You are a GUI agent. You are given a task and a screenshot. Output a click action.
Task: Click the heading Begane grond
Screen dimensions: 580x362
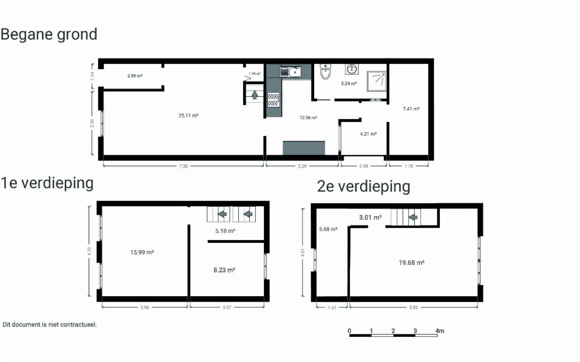tap(49, 34)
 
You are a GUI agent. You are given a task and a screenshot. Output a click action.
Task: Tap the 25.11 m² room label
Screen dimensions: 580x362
tap(188, 116)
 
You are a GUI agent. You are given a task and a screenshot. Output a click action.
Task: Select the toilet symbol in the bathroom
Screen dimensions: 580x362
tap(325, 72)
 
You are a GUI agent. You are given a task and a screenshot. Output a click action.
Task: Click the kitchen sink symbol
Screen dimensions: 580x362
tap(291, 72)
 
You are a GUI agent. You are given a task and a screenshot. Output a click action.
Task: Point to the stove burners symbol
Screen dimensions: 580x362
tap(274, 100)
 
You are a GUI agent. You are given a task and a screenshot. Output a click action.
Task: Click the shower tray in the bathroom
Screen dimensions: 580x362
tap(377, 81)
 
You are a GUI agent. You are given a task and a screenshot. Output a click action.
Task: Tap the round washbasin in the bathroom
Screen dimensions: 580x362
tap(352, 69)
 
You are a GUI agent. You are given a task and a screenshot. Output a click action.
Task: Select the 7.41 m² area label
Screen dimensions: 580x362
tap(411, 109)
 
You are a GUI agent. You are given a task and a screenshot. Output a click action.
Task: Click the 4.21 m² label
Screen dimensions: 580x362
tap(368, 134)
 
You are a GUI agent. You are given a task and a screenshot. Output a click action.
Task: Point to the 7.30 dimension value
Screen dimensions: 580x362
tap(183, 166)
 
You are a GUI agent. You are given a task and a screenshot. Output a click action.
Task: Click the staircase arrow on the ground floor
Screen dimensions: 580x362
tap(255, 95)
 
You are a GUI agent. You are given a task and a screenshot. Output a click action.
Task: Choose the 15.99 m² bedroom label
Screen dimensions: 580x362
tap(142, 252)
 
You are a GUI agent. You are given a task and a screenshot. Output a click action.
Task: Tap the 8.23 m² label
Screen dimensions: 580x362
tap(224, 270)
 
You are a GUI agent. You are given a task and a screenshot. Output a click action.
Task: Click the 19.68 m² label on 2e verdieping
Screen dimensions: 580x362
tap(411, 263)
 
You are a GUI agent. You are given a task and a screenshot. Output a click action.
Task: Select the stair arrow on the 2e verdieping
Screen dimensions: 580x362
tap(413, 217)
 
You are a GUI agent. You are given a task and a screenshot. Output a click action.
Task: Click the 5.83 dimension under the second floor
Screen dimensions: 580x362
tap(414, 307)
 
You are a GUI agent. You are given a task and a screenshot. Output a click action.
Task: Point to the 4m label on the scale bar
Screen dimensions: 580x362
tap(440, 331)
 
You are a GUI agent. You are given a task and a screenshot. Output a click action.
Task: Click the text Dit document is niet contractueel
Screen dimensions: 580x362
tap(50, 325)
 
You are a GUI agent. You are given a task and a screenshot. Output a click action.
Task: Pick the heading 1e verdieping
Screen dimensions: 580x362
tap(47, 183)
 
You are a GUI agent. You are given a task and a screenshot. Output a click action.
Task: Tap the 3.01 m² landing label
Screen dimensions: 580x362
tap(370, 217)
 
